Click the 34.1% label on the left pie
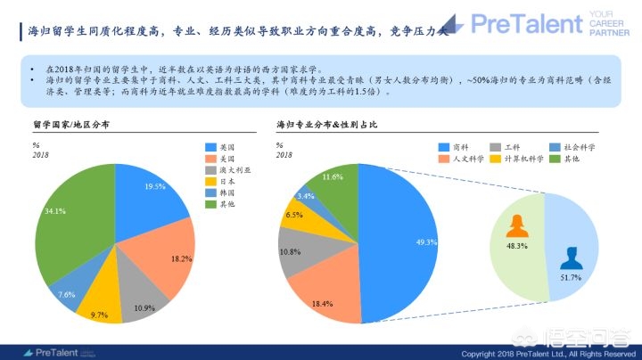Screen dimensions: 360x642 coord(55,211)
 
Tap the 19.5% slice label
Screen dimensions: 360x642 coord(154,186)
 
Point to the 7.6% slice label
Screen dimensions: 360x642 coord(66,294)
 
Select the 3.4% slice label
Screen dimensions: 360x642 coord(305,196)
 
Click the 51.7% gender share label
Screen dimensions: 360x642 coord(570,278)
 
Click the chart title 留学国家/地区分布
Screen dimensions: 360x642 coord(70,127)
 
